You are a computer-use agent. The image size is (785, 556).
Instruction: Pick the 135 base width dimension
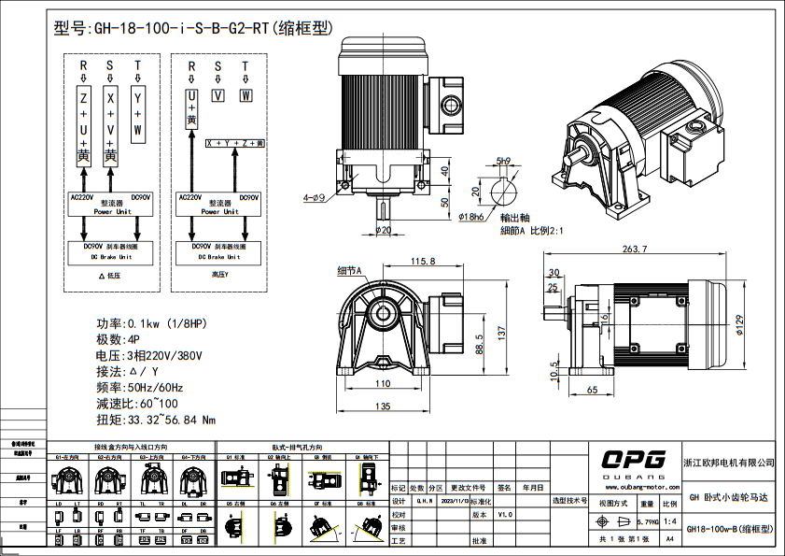[383, 406]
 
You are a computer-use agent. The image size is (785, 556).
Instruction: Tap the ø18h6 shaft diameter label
[473, 217]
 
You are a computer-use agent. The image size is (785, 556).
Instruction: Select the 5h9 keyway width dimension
[504, 161]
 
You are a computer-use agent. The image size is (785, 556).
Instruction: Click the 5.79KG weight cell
[647, 521]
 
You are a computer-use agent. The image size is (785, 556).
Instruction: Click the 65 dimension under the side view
[593, 388]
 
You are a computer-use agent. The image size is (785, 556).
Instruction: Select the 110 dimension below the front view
[383, 383]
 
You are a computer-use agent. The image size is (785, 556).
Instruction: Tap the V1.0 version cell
[505, 514]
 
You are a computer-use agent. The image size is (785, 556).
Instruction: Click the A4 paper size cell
[669, 539]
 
